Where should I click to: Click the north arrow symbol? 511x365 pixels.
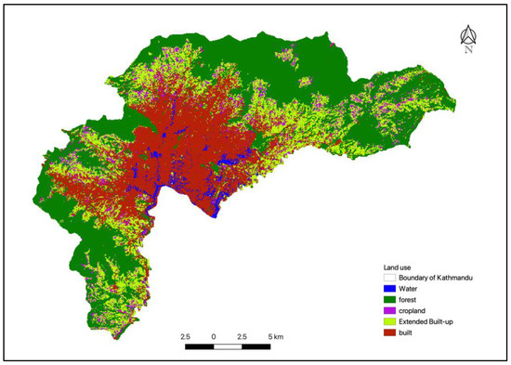(468, 36)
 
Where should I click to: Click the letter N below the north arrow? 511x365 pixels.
(468, 51)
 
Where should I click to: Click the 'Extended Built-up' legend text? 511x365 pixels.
(425, 321)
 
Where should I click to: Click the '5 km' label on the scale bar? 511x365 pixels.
(279, 335)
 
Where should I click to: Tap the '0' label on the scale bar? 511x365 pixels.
(215, 335)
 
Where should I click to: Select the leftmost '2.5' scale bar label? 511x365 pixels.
(185, 335)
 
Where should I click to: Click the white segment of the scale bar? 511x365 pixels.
(229, 346)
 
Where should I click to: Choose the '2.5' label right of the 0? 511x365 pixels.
(243, 335)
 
